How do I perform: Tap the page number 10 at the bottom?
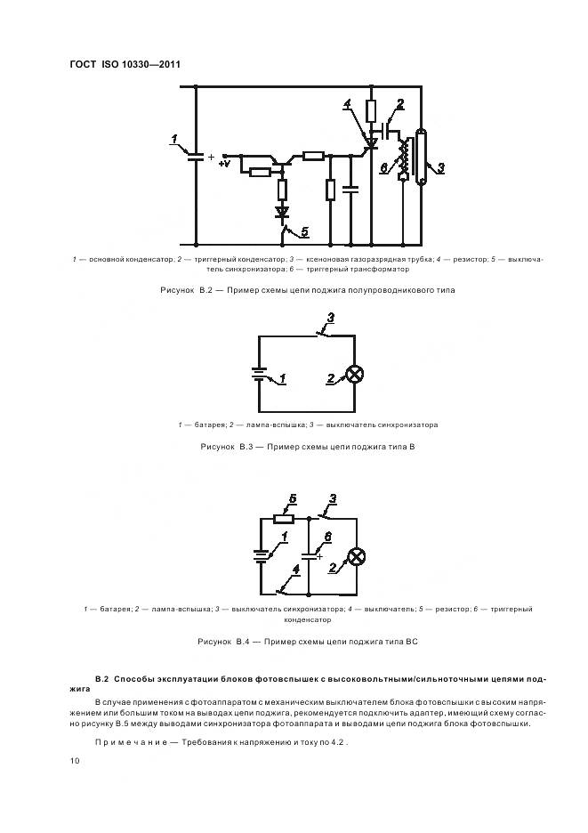(75, 761)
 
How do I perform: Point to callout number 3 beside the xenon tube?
(441, 166)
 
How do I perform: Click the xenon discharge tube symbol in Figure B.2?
(422, 158)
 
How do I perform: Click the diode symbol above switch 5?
(282, 212)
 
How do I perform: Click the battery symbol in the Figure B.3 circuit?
(259, 376)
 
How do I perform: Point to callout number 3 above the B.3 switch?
(331, 318)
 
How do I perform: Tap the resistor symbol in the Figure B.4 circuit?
(284, 519)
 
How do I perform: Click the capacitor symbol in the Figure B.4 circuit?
(308, 554)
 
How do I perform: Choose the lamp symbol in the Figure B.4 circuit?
(355, 556)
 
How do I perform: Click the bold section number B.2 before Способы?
(101, 679)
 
